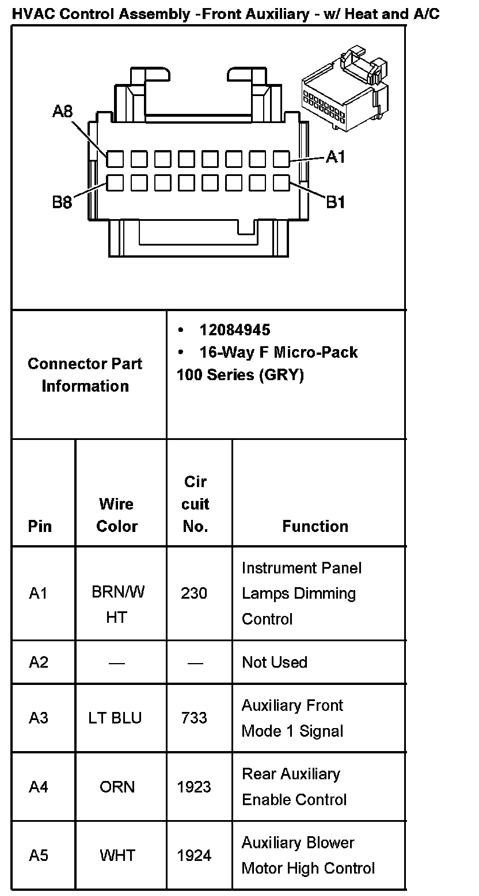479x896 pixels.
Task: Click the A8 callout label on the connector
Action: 62,112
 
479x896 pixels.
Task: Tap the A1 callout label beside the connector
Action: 336,156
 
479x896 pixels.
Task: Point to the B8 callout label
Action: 62,202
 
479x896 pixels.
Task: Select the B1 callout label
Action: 336,202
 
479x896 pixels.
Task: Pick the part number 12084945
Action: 234,330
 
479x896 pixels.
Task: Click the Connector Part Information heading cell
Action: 85,374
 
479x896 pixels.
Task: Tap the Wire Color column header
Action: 117,515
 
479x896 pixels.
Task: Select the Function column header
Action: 315,526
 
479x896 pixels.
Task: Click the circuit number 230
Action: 194,593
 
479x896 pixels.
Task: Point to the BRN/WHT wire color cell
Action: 117,604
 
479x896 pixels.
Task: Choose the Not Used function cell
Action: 275,663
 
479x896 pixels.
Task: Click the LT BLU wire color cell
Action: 115,718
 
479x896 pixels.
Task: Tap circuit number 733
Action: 194,718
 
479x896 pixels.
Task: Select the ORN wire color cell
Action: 117,787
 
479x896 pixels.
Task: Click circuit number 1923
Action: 194,787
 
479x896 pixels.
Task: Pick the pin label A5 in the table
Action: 39,856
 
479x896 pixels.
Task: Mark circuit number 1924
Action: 194,856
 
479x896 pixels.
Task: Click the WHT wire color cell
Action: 117,856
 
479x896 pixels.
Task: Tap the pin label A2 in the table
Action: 39,663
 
